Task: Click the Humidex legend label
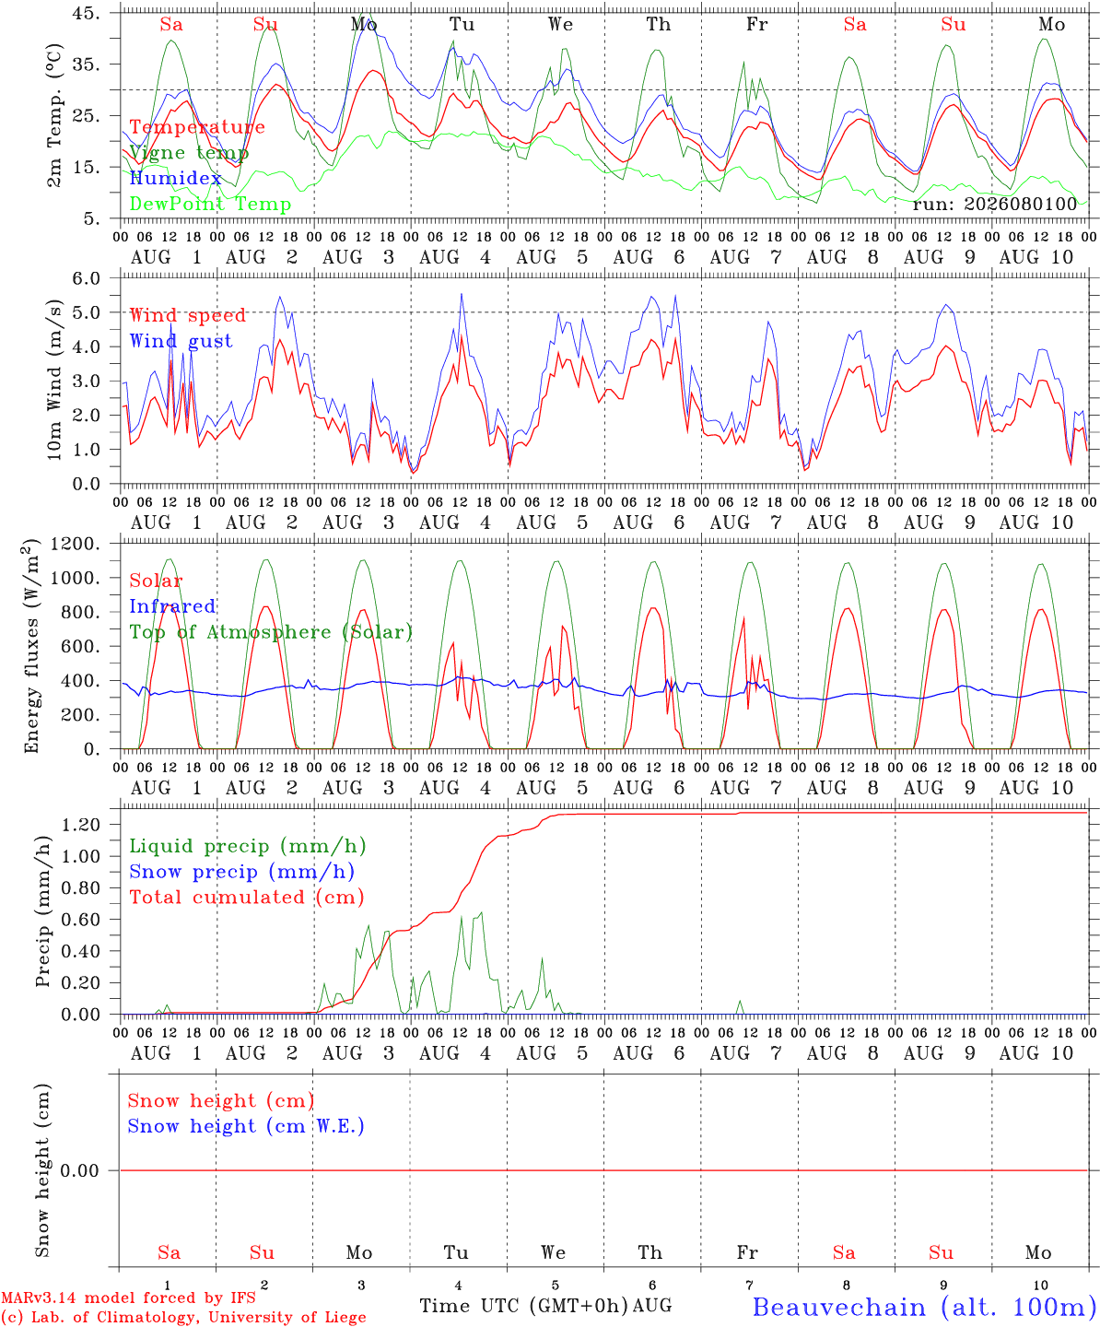(x=175, y=178)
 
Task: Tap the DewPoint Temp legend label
(x=210, y=204)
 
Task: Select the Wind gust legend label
(x=181, y=341)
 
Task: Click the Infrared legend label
(x=172, y=606)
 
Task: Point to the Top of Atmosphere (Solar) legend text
(x=272, y=632)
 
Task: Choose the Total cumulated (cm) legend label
(x=247, y=898)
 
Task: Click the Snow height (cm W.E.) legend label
(x=246, y=1126)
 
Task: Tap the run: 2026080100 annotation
(x=994, y=204)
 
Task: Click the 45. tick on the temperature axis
(x=87, y=13)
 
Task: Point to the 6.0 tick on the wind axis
(x=87, y=278)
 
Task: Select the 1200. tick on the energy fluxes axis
(x=75, y=544)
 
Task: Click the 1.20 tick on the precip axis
(x=81, y=825)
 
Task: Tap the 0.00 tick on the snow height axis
(x=81, y=1170)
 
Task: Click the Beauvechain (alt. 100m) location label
(x=919, y=1308)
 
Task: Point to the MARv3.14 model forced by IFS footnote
(x=128, y=1298)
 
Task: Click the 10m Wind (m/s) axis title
(x=54, y=380)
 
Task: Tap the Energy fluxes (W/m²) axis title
(x=30, y=646)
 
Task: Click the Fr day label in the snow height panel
(x=747, y=1252)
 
